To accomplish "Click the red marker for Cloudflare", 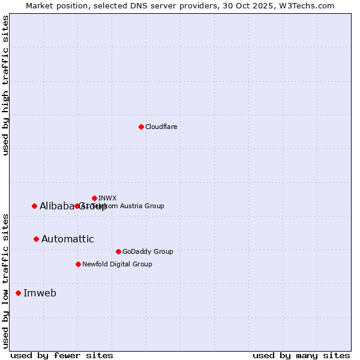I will (141, 127).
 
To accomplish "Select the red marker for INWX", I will (94, 198).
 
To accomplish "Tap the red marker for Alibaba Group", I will (34, 206).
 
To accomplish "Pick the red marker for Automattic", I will (36, 239).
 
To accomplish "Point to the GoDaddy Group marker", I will (118, 251).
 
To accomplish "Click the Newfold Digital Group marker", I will (78, 264).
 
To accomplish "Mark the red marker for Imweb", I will (18, 293).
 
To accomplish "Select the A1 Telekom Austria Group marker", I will (77, 206).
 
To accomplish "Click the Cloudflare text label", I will (161, 127).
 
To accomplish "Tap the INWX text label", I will (107, 198).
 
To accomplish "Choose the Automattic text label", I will (67, 239).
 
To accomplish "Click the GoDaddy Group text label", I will (147, 251).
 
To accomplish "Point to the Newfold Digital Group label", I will (117, 264).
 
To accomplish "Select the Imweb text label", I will (40, 293).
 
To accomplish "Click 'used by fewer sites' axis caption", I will (62, 355).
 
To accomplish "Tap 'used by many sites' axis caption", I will (301, 355).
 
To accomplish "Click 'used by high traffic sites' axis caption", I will (6, 85).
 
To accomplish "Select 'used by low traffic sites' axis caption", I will (6, 280).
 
